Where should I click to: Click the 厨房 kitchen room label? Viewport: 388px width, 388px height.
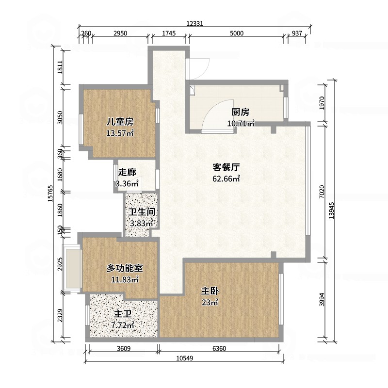(240, 112)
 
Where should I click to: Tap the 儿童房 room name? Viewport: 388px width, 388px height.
(120, 122)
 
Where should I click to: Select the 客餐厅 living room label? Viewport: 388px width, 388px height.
(226, 167)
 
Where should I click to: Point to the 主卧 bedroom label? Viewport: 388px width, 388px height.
(210, 291)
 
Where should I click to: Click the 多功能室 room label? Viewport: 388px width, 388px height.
(125, 268)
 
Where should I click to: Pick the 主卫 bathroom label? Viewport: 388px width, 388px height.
(123, 314)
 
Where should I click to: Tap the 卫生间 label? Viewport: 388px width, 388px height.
(142, 212)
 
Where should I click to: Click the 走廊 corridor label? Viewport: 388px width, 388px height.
(127, 172)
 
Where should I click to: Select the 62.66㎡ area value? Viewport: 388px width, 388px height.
(226, 178)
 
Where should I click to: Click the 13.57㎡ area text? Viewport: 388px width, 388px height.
(120, 133)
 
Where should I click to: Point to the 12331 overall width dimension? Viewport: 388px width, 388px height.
(195, 23)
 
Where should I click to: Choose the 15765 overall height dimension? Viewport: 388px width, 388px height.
(50, 194)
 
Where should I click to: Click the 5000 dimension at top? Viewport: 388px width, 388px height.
(237, 33)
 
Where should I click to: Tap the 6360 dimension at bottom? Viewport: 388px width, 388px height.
(219, 348)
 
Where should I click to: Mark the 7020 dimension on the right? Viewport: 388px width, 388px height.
(322, 192)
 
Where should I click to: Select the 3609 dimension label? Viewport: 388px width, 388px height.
(124, 348)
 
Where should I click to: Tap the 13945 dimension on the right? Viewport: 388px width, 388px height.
(332, 210)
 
